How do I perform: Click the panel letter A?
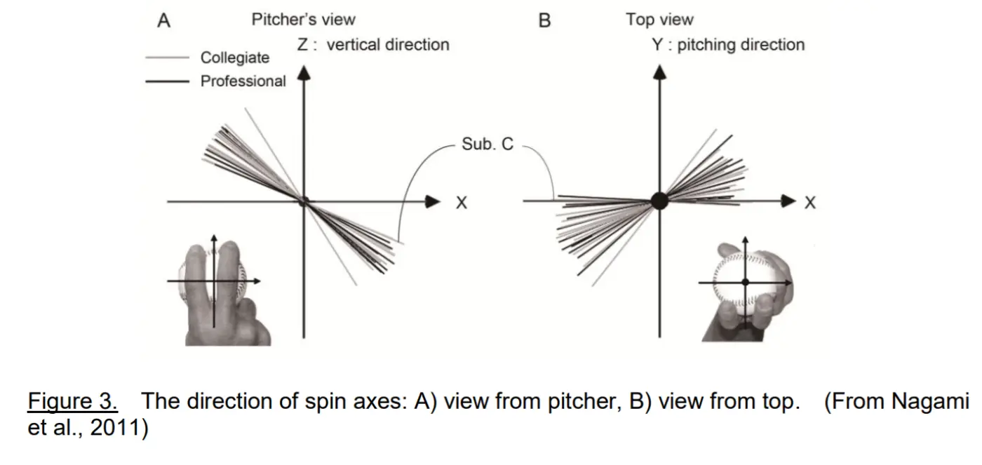pos(163,20)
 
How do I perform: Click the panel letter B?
pos(544,20)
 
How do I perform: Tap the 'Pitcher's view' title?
pos(303,20)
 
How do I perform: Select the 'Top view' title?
pos(659,20)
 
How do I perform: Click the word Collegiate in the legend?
pos(235,58)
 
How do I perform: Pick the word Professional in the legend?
pos(243,81)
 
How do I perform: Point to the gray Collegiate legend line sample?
pos(167,58)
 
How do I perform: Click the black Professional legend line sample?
pos(167,81)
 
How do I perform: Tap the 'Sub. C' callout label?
pos(487,144)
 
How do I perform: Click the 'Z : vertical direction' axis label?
pos(373,45)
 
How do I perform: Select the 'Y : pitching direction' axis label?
pos(729,45)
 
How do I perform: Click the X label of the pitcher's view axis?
pos(462,203)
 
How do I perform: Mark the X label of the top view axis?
pos(810,203)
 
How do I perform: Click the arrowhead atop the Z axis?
pos(304,73)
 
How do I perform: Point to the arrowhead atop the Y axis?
pos(659,73)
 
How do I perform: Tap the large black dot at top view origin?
pos(659,201)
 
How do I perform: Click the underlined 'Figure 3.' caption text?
pos(73,401)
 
